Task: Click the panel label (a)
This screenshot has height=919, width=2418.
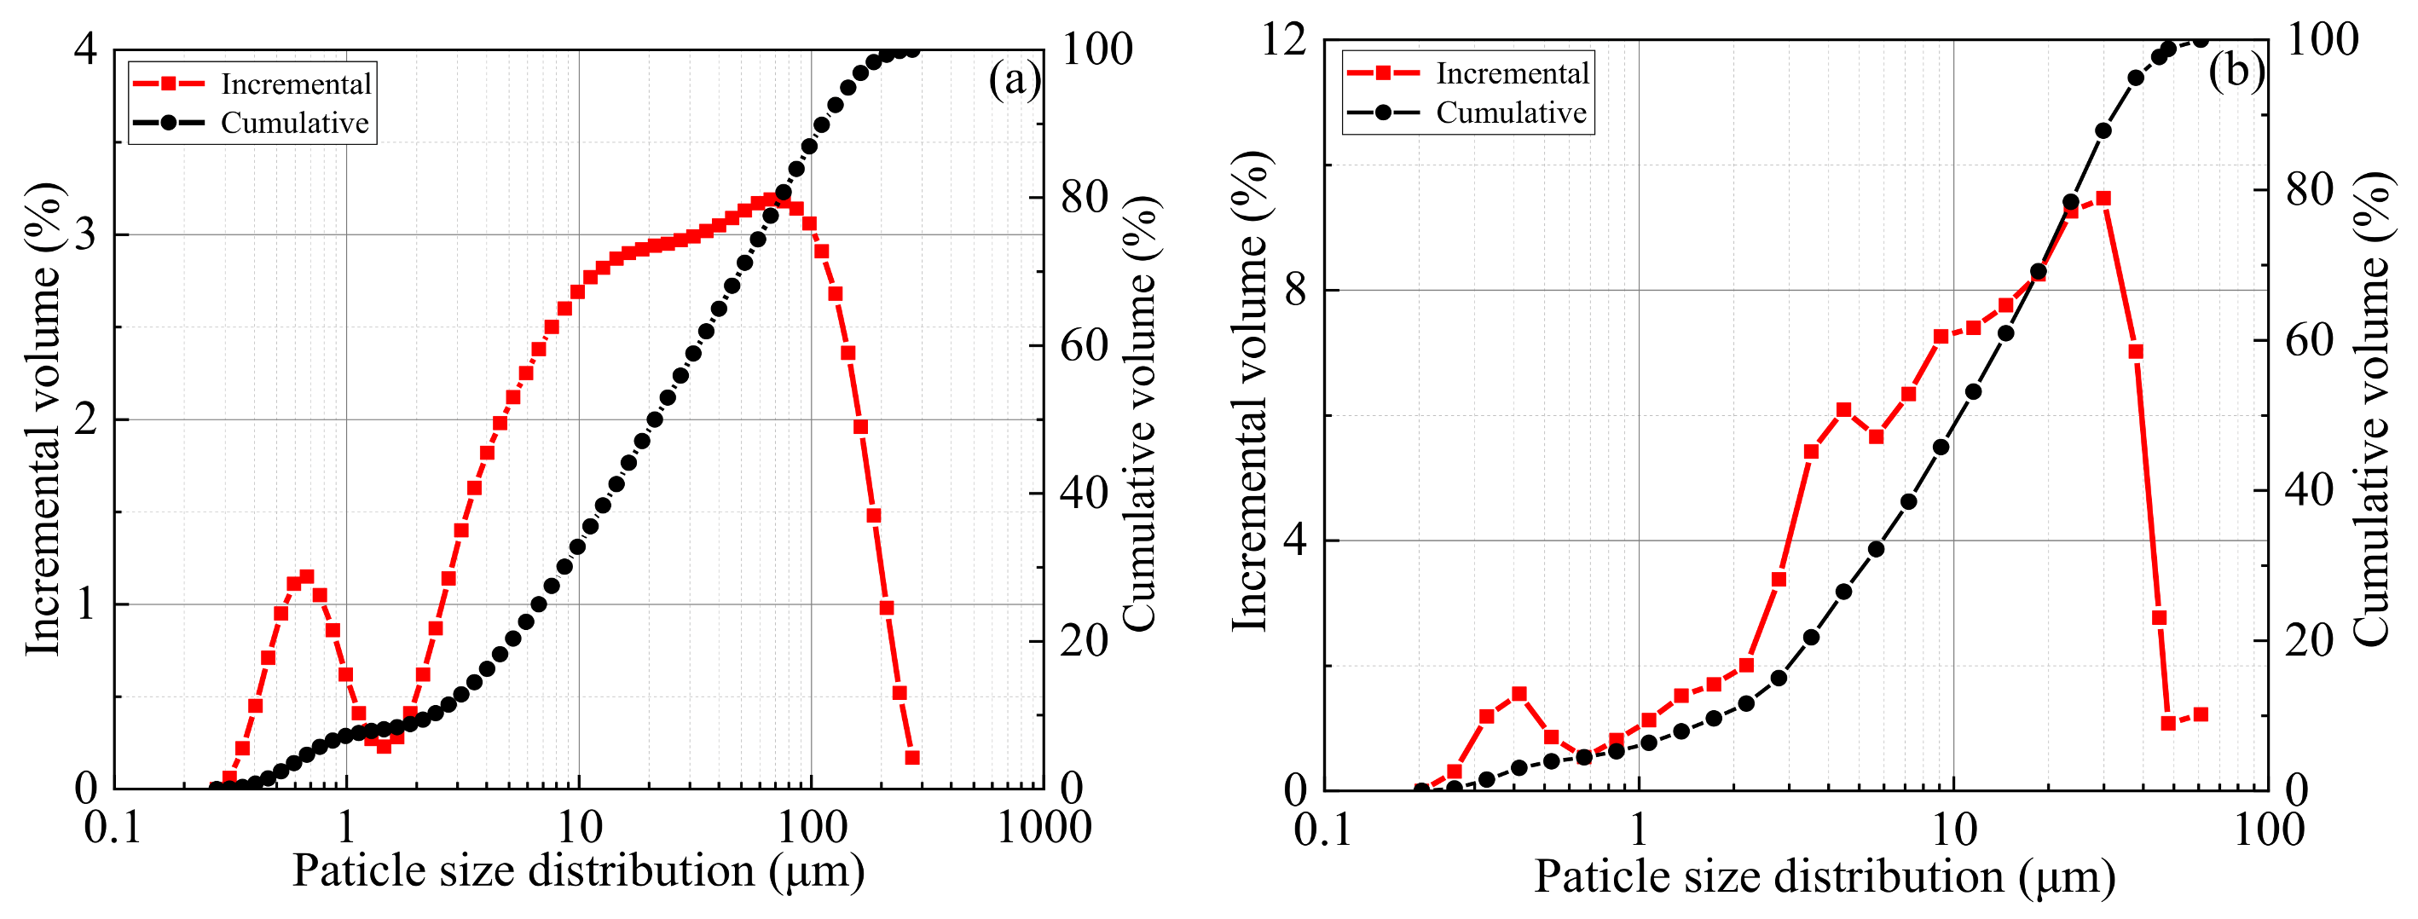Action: click(x=1014, y=81)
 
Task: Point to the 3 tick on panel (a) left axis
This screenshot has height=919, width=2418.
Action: click(x=85, y=234)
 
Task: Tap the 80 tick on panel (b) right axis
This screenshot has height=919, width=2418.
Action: click(x=2309, y=191)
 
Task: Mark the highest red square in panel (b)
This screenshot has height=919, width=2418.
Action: click(x=2103, y=198)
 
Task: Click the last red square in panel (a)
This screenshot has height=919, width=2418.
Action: click(x=911, y=758)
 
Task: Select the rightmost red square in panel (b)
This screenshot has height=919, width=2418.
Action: click(x=2201, y=714)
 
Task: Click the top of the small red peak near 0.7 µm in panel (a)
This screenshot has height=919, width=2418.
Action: click(x=306, y=576)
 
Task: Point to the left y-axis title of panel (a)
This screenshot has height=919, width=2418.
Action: click(x=43, y=418)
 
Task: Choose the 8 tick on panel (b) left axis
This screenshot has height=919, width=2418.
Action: click(x=1295, y=290)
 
